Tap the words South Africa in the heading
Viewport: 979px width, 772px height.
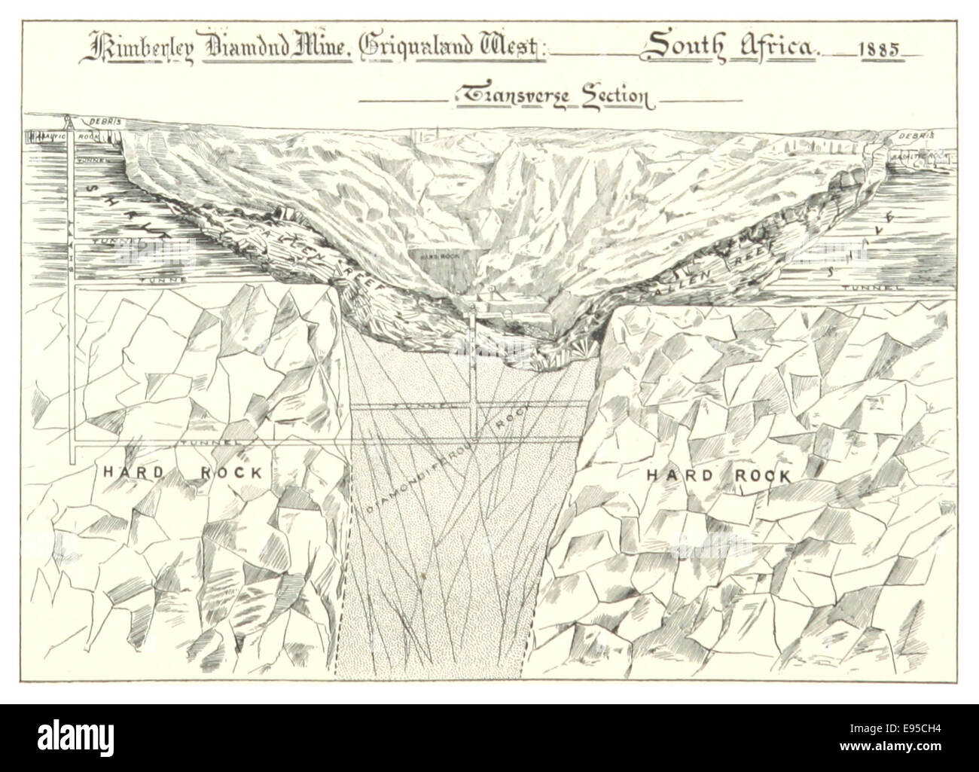728,47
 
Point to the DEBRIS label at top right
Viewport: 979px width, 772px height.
914,136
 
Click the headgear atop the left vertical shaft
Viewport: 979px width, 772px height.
69,123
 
